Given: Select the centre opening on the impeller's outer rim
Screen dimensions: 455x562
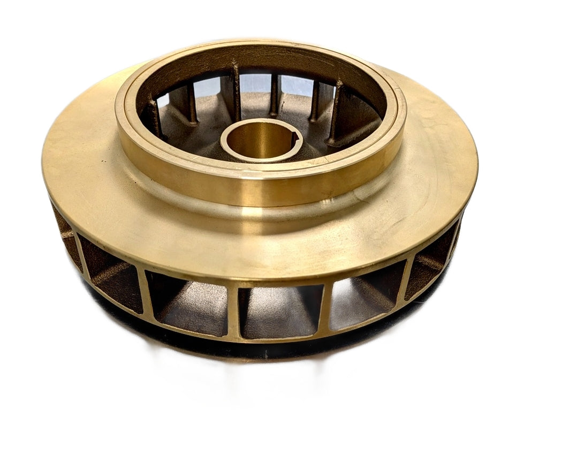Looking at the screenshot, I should pos(279,310).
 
